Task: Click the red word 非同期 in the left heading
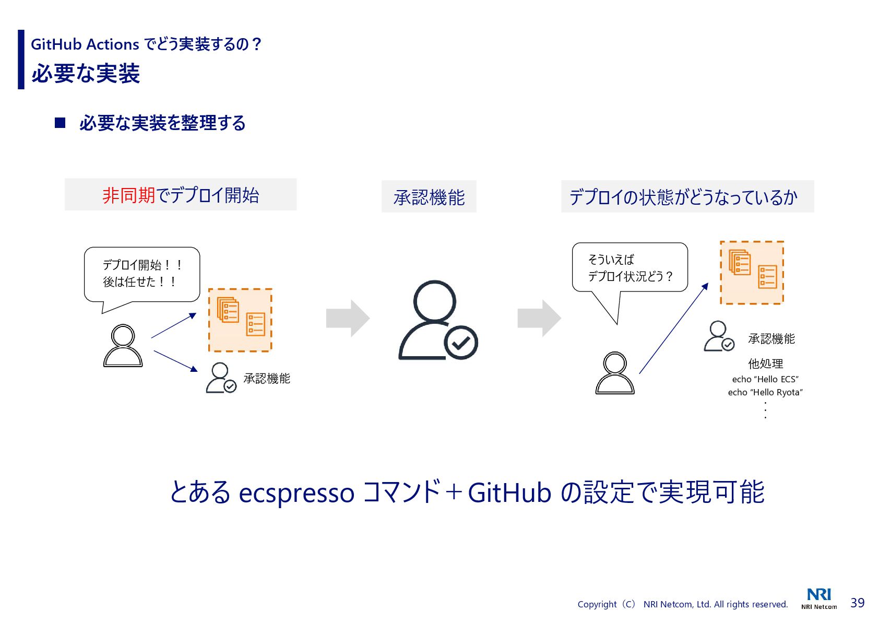[128, 195]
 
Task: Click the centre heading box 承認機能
[429, 197]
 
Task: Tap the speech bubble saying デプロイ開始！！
[142, 274]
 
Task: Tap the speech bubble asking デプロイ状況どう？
[629, 267]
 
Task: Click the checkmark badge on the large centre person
[461, 343]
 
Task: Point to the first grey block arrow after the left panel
[348, 318]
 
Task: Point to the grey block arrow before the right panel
[539, 318]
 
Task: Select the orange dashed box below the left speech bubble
[240, 320]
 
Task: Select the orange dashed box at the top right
[752, 273]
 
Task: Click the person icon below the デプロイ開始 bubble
[123, 346]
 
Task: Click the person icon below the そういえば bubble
[615, 373]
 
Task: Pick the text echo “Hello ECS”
[765, 379]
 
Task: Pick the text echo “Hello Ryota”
[765, 392]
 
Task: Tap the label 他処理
[765, 363]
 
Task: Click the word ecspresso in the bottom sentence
[296, 492]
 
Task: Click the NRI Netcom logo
[819, 598]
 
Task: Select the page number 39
[858, 603]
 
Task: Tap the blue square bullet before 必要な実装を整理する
[60, 123]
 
